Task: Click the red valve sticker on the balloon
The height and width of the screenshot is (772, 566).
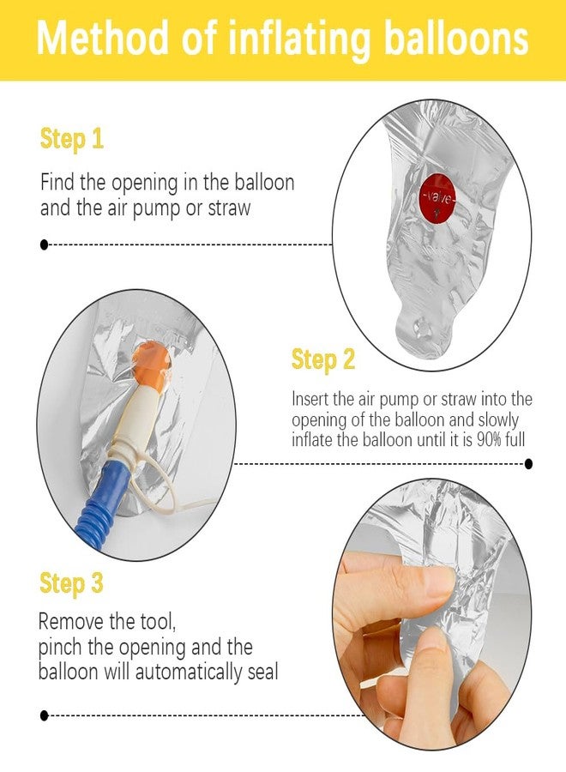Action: coord(437,198)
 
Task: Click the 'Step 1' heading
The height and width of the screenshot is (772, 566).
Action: coord(72,139)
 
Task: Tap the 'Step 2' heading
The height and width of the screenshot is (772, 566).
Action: coord(322,359)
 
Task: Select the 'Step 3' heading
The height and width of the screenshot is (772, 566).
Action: coord(71,584)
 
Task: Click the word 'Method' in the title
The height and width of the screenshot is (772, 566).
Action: coord(102,38)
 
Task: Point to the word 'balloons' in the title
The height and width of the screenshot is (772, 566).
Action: coord(456,38)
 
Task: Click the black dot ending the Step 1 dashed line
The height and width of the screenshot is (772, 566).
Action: coord(45,244)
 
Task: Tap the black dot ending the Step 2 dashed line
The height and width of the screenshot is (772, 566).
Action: coord(528,463)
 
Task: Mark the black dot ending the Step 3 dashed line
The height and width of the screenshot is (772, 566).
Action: coord(45,715)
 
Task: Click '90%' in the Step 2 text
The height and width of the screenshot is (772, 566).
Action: coord(489,439)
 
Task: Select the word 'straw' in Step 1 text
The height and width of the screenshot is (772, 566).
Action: coord(229,208)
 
